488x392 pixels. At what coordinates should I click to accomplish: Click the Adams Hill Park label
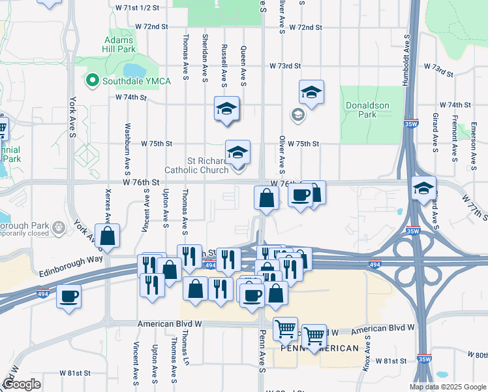point(119,44)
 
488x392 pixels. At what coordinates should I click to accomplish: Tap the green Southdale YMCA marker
point(92,81)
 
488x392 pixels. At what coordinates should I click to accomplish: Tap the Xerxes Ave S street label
point(108,204)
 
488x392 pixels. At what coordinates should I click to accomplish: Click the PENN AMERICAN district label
point(320,348)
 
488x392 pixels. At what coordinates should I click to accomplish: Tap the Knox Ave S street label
point(368,349)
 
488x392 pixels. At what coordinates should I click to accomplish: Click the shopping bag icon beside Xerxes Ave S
point(107,237)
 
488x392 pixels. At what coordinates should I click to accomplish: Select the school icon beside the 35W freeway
point(423,189)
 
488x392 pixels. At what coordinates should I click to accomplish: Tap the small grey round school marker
point(297,116)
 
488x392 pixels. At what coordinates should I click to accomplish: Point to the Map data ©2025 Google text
point(447,387)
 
